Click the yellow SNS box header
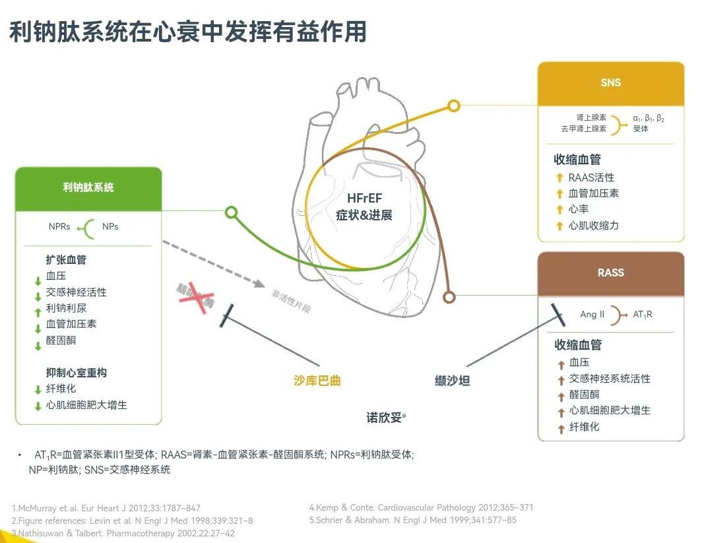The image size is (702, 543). pos(610,83)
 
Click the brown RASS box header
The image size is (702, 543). pos(610,272)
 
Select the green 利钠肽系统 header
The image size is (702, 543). pos(88,187)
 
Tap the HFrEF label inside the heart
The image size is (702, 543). pos(364,199)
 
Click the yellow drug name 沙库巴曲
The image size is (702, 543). pos(317,380)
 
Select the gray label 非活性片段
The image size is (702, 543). pos(290,300)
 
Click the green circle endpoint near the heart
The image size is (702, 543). pos(231,212)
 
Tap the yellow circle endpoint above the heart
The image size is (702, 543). pos(453,106)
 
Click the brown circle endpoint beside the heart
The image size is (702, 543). pos(449,297)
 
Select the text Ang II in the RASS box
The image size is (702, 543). pos(592,315)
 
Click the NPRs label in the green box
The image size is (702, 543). pos(59,226)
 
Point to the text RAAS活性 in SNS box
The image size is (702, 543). pos(591,177)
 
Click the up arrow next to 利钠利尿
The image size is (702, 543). pos(38,309)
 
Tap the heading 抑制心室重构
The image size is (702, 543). pos(76,373)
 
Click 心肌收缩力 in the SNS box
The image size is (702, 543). pos(594,226)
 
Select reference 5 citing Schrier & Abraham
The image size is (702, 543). pos(412,520)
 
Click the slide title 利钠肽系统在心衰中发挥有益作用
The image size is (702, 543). pos(188,32)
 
